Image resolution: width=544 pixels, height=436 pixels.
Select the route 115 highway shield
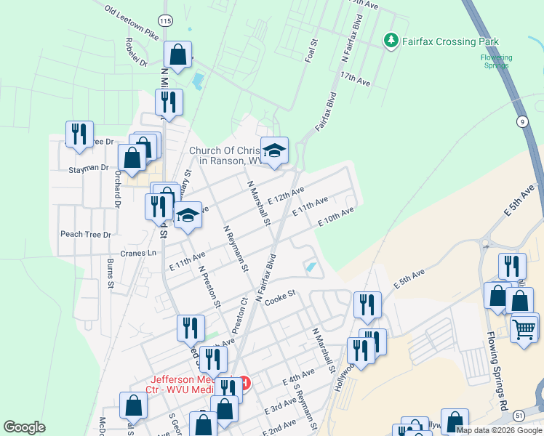tap(167, 22)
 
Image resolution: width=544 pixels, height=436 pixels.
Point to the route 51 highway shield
tap(518, 414)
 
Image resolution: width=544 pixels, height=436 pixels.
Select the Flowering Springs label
tap(497, 61)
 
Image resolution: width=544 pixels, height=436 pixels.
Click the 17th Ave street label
tap(355, 79)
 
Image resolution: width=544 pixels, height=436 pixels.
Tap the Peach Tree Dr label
tap(86, 235)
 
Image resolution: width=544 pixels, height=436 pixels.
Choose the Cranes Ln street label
tap(138, 253)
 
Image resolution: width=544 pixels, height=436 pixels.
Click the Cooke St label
tap(279, 297)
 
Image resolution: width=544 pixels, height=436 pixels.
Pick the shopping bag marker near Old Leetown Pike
tap(177, 54)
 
